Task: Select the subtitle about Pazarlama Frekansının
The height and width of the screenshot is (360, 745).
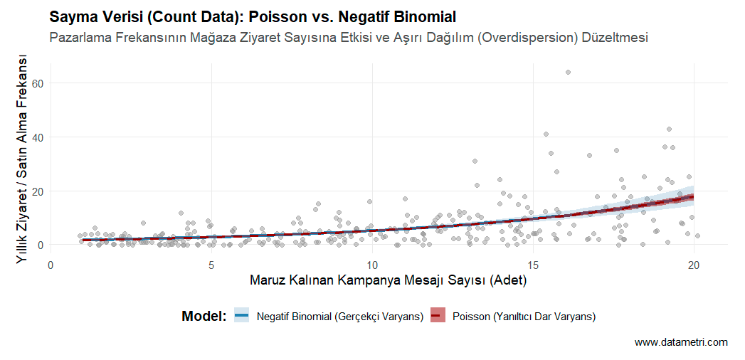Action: click(349, 38)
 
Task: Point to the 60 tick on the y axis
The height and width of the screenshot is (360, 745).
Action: click(37, 83)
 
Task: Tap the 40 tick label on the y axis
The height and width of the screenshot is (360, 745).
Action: click(37, 137)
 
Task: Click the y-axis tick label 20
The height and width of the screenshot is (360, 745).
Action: click(37, 191)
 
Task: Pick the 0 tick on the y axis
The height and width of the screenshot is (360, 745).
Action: click(40, 245)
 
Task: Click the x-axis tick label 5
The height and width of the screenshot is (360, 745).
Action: click(211, 265)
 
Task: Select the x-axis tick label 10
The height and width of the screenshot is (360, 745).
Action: click(372, 265)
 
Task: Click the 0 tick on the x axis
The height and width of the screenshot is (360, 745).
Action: click(51, 265)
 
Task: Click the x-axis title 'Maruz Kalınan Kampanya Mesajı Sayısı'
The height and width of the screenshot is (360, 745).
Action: click(388, 280)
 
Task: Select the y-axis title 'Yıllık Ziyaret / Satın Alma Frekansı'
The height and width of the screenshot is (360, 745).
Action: click(23, 159)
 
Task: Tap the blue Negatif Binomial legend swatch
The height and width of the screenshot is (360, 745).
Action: click(242, 316)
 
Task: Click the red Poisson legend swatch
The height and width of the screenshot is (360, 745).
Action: click(438, 316)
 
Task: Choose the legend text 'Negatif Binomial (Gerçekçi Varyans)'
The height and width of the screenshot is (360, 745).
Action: click(339, 316)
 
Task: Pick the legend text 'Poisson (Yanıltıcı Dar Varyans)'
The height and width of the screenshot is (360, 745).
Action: click(524, 316)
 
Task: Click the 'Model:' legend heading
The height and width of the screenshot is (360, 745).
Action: click(204, 316)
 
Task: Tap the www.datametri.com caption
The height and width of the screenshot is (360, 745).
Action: click(681, 343)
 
